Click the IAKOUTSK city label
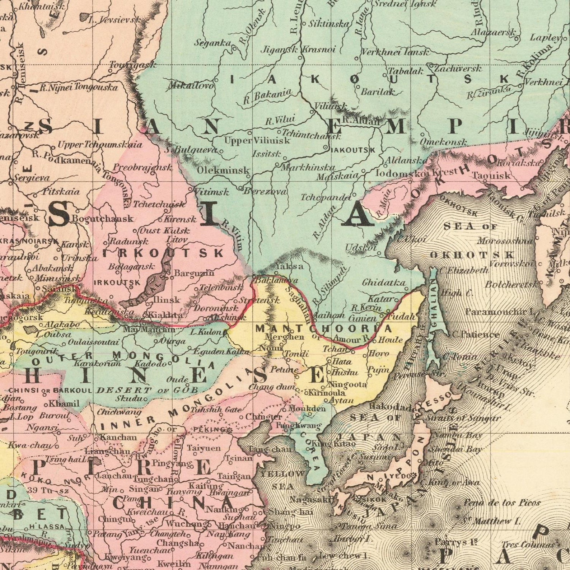352,150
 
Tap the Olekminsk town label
223,170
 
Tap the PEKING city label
210,430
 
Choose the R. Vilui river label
280,120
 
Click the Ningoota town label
348,384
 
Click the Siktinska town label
329,24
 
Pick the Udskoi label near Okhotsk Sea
360,248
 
